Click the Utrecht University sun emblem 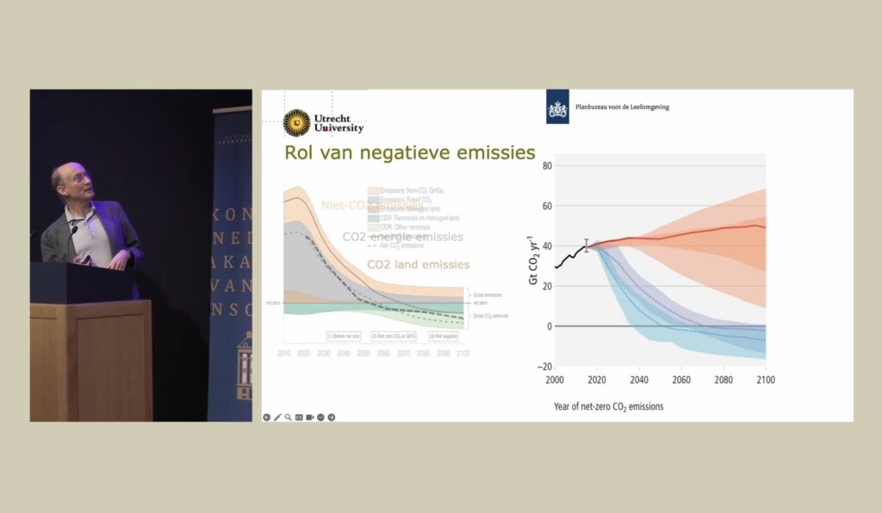[x=297, y=123]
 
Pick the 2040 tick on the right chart [x=639, y=379]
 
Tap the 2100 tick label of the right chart [x=766, y=379]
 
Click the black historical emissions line [x=569, y=256]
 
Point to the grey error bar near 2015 [x=587, y=245]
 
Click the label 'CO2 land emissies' [x=418, y=264]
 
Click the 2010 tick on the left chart [x=285, y=353]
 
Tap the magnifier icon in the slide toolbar [x=289, y=417]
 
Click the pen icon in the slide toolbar [x=277, y=417]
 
